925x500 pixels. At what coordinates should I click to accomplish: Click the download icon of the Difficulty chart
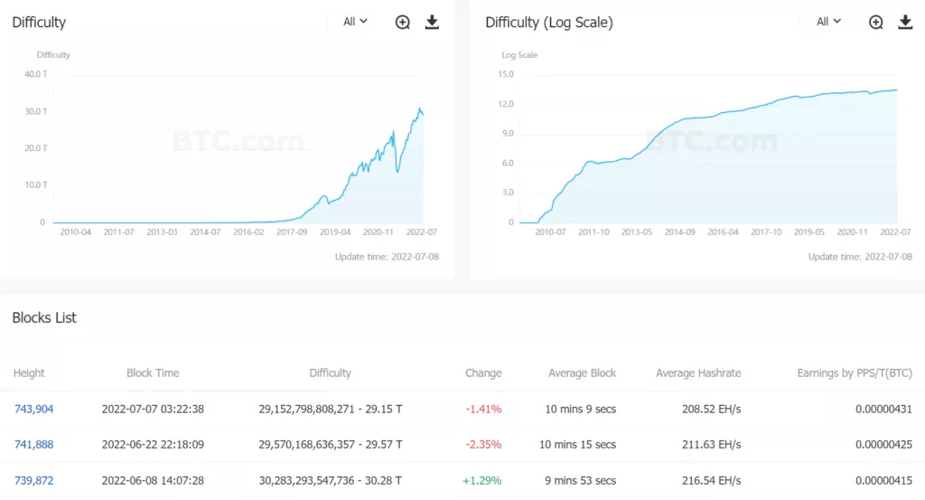tap(432, 23)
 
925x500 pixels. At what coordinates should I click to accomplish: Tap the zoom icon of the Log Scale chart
tap(876, 23)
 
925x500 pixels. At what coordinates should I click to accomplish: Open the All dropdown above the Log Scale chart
tap(828, 22)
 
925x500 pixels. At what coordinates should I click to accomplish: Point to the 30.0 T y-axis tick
tap(36, 111)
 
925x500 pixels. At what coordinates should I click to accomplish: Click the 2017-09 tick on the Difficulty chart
tap(292, 232)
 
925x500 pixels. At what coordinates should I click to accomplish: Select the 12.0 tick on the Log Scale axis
tap(506, 104)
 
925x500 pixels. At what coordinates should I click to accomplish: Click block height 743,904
tap(33, 409)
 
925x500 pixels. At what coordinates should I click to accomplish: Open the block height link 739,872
tap(33, 480)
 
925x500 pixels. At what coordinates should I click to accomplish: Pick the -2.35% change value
tap(483, 444)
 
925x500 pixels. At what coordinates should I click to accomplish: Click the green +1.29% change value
tap(481, 480)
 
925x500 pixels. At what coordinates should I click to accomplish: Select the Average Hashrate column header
tap(698, 373)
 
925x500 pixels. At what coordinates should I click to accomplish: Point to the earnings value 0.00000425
tap(883, 444)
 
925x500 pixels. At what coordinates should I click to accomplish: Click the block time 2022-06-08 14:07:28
tap(153, 480)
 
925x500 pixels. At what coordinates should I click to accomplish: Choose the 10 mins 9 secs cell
tap(581, 409)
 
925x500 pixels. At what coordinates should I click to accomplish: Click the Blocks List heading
tap(44, 317)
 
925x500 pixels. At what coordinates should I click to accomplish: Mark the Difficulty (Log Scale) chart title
tap(549, 23)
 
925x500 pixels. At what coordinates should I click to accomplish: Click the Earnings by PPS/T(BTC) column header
tap(854, 373)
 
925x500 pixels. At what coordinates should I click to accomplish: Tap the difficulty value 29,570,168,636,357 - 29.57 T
tap(330, 444)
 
